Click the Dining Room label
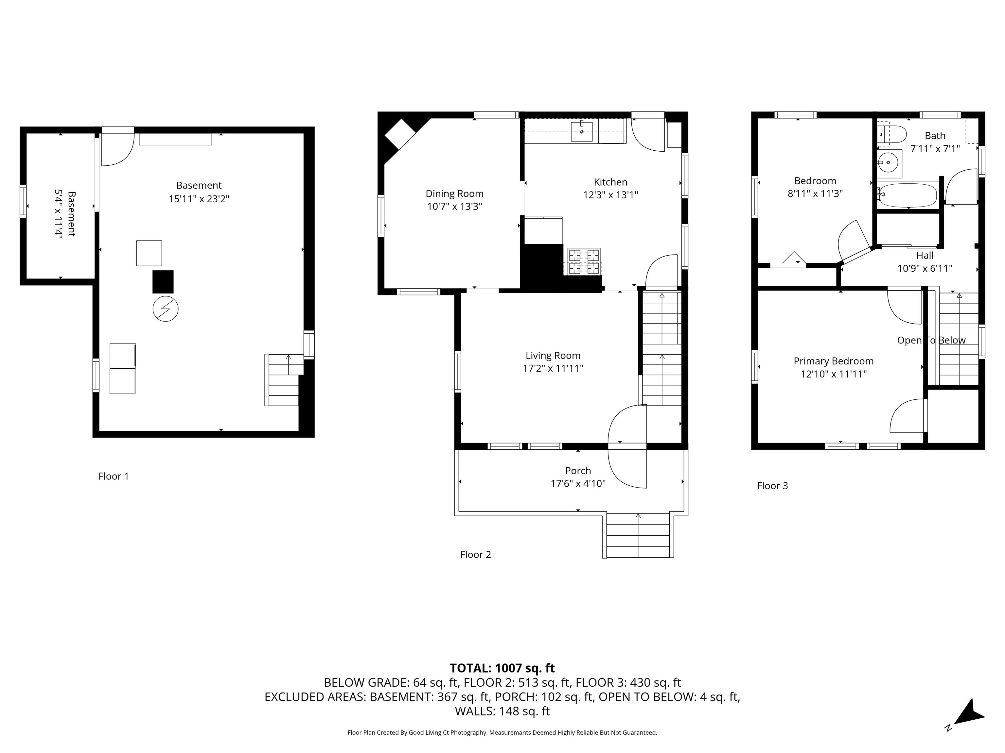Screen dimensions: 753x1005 [x=454, y=194]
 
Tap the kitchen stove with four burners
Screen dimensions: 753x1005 [x=584, y=261]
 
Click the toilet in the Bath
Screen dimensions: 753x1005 [x=892, y=134]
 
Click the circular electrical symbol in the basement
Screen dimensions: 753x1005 [x=166, y=309]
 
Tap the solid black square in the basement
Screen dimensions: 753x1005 [x=163, y=282]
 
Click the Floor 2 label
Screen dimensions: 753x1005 [x=475, y=554]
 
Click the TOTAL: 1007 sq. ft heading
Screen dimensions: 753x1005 [x=502, y=668]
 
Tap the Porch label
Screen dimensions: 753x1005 [x=578, y=471]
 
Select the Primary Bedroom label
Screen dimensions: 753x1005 [x=833, y=361]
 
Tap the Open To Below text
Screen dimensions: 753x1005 [x=931, y=341]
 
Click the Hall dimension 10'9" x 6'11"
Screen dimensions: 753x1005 [x=925, y=269]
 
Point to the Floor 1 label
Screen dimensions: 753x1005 [x=114, y=476]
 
